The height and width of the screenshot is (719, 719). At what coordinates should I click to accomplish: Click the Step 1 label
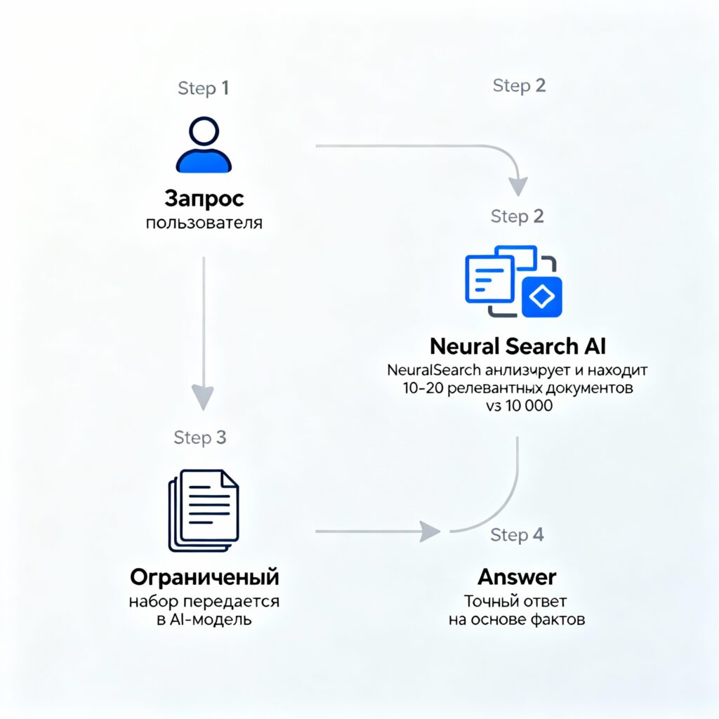tap(204, 88)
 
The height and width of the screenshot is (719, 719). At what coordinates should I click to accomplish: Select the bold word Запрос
tap(204, 199)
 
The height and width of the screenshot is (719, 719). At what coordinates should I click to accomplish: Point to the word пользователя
tap(204, 224)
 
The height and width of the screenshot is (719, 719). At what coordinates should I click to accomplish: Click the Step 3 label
tap(200, 437)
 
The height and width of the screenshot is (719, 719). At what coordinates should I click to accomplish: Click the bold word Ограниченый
tap(204, 577)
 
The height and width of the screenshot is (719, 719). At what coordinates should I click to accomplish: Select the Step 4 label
tap(517, 535)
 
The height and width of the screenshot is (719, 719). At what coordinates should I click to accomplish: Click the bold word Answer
tap(517, 577)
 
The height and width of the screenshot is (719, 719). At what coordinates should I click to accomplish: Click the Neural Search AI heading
tap(517, 346)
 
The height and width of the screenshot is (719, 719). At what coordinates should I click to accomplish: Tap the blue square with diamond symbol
tap(541, 298)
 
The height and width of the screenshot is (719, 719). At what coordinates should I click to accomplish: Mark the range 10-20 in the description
tap(414, 388)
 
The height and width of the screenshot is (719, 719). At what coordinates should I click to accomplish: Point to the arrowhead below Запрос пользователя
tap(204, 398)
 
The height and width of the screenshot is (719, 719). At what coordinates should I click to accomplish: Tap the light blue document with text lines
tap(489, 280)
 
